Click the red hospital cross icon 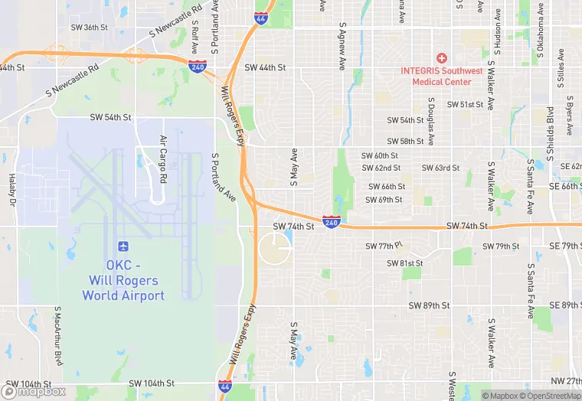pos(440,58)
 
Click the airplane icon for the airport pos(123,246)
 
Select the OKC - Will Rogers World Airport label pos(123,280)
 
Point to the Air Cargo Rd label pos(163,159)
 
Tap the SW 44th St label pos(265,67)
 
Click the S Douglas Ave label pos(431,121)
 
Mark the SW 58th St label pos(405,142)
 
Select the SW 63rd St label pos(440,168)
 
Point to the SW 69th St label pos(384,200)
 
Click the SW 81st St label pos(405,263)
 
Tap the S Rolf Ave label pos(195,34)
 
